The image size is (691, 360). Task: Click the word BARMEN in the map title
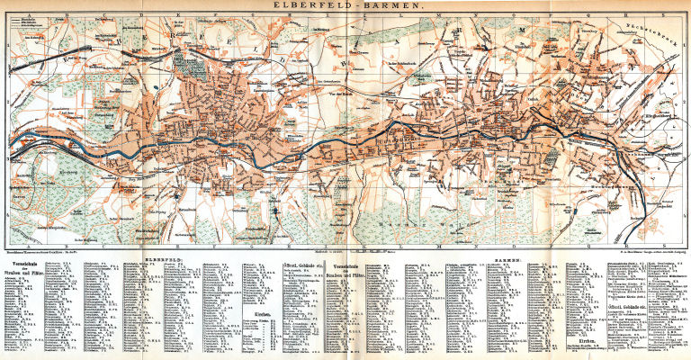click(x=381, y=5)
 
